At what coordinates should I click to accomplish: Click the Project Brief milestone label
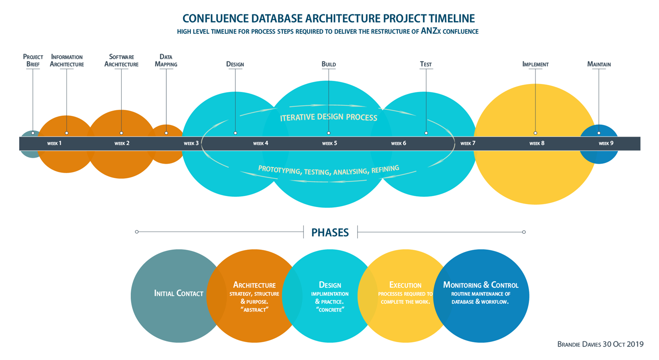tap(33, 61)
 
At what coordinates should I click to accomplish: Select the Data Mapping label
tap(166, 61)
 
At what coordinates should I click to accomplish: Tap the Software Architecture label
tap(121, 61)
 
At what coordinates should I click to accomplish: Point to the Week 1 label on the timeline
tap(54, 143)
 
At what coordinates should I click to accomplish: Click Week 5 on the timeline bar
tap(329, 143)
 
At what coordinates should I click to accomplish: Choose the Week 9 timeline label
tap(606, 143)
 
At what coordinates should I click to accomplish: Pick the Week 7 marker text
tap(468, 143)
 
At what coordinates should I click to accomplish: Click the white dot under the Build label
tap(328, 133)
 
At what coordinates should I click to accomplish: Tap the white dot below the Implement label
tap(535, 133)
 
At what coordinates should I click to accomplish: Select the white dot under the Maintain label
tap(599, 133)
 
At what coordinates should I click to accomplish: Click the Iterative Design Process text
tap(328, 117)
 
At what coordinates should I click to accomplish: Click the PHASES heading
tap(330, 232)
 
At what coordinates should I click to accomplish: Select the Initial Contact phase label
tap(178, 293)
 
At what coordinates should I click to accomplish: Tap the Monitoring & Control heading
tap(481, 285)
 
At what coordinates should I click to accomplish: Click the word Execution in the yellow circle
tap(405, 285)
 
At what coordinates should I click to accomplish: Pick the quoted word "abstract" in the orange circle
tap(254, 310)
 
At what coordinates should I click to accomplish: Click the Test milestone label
tap(426, 64)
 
